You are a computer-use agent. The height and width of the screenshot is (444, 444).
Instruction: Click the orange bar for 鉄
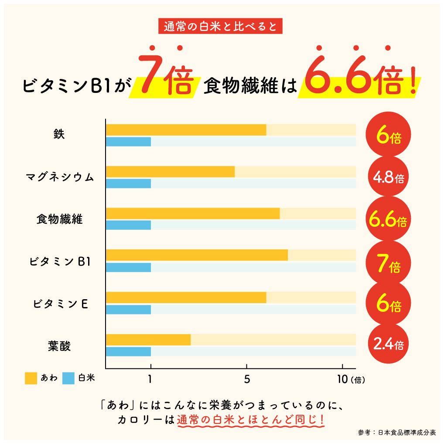(x=186, y=130)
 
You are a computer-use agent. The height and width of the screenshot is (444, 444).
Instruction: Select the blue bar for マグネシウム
(x=128, y=184)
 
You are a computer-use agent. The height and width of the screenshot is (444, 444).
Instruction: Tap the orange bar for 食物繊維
(x=192, y=214)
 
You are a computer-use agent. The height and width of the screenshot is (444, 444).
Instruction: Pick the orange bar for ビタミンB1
(x=196, y=255)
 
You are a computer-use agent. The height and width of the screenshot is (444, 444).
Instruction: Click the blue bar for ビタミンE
(x=128, y=309)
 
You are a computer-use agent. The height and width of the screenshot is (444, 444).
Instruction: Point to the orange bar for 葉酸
(x=148, y=340)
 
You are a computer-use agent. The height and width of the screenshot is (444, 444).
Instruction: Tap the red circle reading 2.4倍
(x=389, y=345)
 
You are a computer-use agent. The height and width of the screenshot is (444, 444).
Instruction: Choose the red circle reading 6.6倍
(x=389, y=221)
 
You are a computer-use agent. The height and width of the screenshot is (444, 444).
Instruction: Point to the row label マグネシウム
(x=59, y=178)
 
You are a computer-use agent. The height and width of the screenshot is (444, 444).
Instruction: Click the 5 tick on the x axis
(x=247, y=379)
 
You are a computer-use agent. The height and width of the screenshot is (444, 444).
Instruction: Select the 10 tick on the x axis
(x=343, y=379)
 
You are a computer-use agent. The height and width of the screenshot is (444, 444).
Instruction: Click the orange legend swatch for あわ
(x=31, y=378)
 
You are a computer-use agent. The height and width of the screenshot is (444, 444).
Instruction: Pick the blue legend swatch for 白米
(x=68, y=378)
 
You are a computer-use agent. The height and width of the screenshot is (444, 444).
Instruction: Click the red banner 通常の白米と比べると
(x=220, y=27)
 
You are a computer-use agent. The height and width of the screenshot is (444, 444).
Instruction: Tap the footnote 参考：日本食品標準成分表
(x=396, y=432)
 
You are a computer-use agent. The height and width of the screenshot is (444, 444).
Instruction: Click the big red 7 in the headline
(x=150, y=76)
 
